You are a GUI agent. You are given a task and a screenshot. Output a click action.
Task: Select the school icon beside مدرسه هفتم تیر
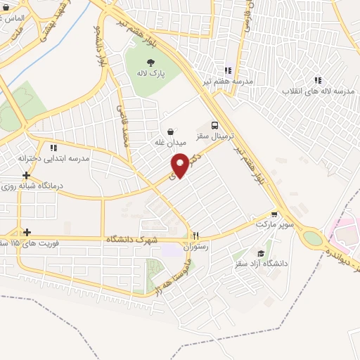click(228, 70)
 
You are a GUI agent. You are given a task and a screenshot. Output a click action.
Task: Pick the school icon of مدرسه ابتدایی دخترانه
click(53, 148)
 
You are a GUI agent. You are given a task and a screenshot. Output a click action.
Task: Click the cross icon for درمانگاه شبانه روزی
click(26, 175)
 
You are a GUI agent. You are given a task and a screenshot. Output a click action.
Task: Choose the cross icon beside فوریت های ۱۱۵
click(26, 232)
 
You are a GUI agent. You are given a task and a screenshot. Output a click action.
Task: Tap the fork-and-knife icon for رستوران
click(197, 236)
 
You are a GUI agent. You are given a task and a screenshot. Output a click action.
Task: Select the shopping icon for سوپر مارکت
click(274, 214)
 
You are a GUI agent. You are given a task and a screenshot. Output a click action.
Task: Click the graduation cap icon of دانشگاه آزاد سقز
click(261, 254)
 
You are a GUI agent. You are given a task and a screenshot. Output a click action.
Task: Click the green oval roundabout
click(310, 238)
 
